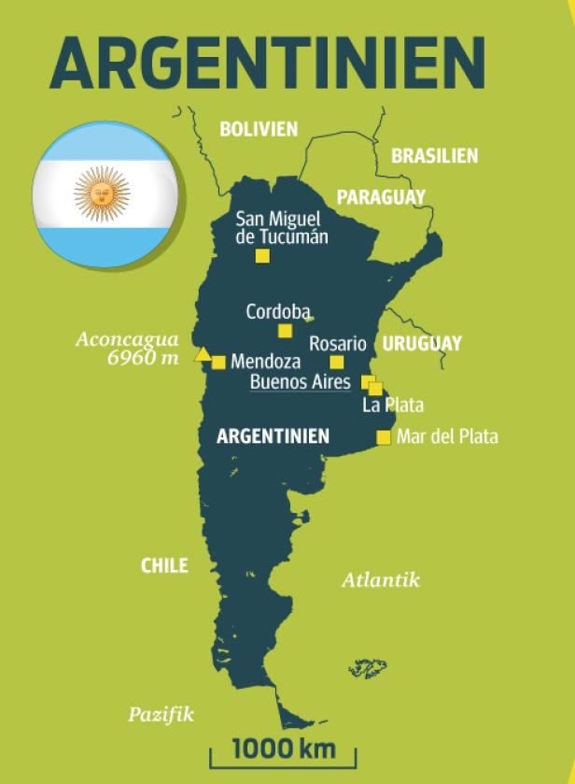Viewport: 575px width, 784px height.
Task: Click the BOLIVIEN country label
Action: (259, 130)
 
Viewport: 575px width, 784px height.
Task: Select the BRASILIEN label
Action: (434, 156)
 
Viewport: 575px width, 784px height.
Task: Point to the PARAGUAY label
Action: (380, 197)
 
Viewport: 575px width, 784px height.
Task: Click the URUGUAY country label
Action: (421, 344)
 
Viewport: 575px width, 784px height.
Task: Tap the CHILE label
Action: (164, 565)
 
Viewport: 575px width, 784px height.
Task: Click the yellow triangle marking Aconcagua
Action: (201, 354)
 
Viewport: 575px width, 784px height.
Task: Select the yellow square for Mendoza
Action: (218, 363)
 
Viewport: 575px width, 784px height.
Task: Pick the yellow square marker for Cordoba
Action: (285, 330)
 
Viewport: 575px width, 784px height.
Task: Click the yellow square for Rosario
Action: (337, 363)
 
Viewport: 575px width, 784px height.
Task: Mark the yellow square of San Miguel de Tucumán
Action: (262, 256)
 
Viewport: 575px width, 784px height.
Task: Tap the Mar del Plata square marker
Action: (383, 437)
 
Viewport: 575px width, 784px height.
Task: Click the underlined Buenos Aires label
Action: (300, 382)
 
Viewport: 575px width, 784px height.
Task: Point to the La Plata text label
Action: (392, 406)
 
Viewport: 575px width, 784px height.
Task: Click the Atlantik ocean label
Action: (380, 580)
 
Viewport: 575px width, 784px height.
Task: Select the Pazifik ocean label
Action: (161, 715)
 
